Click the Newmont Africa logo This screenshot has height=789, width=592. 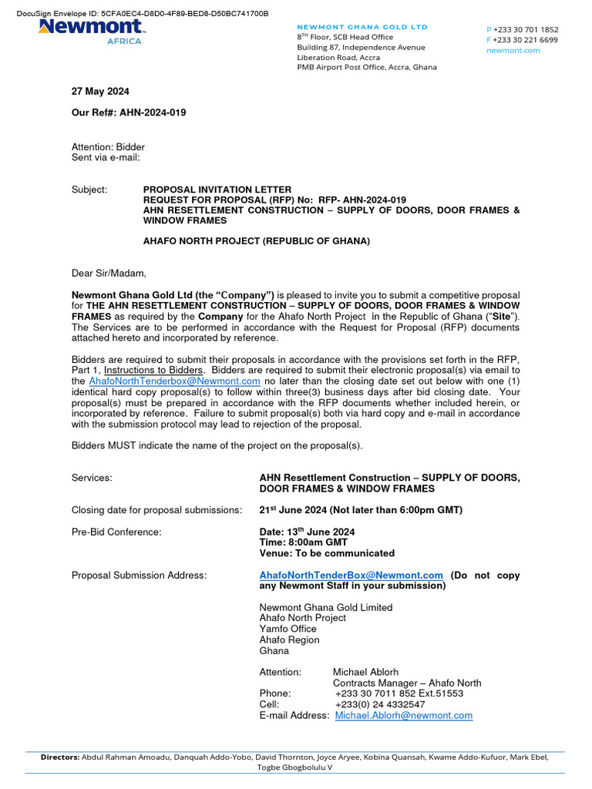coord(91,32)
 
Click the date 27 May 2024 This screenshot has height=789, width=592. coord(100,92)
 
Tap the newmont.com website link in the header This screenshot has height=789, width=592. coord(513,51)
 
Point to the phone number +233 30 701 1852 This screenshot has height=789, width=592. coord(526,29)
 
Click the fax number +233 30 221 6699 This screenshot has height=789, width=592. coord(526,40)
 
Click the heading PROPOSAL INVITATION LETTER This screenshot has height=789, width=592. coord(217,190)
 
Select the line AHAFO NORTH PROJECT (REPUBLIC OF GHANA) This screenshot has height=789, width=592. coord(257,241)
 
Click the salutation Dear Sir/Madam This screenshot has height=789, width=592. coord(109,273)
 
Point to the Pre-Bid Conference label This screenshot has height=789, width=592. coord(116,532)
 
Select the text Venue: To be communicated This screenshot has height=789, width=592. coord(327,553)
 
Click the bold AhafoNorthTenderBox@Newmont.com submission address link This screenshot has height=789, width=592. coord(351,576)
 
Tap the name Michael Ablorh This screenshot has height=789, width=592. coord(365,673)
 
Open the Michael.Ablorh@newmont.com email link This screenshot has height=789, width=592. coord(403,716)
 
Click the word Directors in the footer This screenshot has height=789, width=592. coord(60,757)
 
